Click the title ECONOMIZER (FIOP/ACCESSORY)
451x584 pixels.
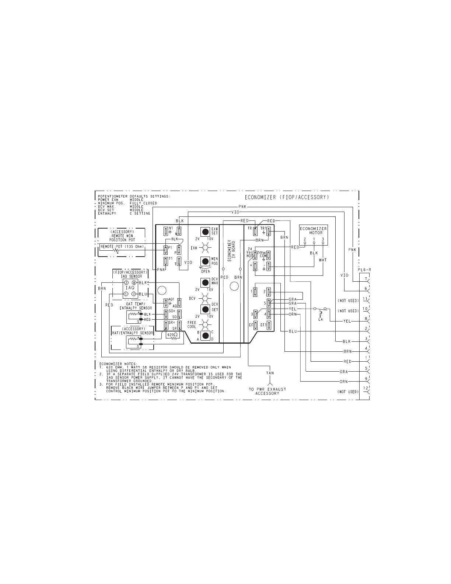(x=287, y=197)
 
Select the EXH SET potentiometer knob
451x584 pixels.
(x=205, y=232)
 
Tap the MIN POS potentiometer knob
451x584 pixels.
(x=205, y=261)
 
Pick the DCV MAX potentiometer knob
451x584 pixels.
(x=205, y=283)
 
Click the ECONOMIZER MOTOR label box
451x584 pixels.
(x=313, y=231)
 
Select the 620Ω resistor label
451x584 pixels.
(x=172, y=335)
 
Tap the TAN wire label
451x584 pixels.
(x=270, y=373)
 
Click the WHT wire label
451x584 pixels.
(x=323, y=260)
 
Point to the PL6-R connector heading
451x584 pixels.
(x=364, y=270)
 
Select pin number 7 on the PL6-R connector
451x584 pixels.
(x=366, y=279)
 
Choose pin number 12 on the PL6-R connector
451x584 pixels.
(x=366, y=388)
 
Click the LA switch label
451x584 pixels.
(x=321, y=319)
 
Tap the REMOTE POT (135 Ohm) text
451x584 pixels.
(x=122, y=246)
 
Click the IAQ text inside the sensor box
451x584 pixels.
(x=130, y=288)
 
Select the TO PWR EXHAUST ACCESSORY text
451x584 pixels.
(x=268, y=391)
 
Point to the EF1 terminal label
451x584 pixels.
(x=263, y=325)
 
